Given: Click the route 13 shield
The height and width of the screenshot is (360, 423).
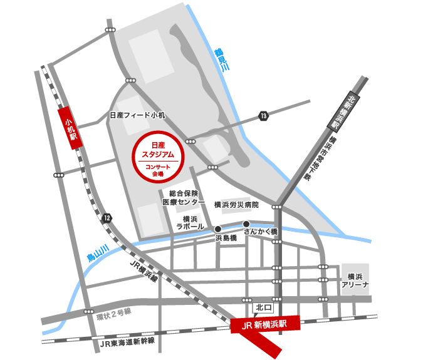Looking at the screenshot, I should point(263,116).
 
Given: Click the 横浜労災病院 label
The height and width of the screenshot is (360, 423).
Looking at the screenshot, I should point(236,204).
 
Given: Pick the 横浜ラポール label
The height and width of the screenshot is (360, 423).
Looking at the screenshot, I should point(188,222).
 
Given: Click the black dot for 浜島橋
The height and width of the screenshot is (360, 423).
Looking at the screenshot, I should point(218,229).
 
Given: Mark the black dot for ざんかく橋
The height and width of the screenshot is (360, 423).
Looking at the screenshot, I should point(246,224).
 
